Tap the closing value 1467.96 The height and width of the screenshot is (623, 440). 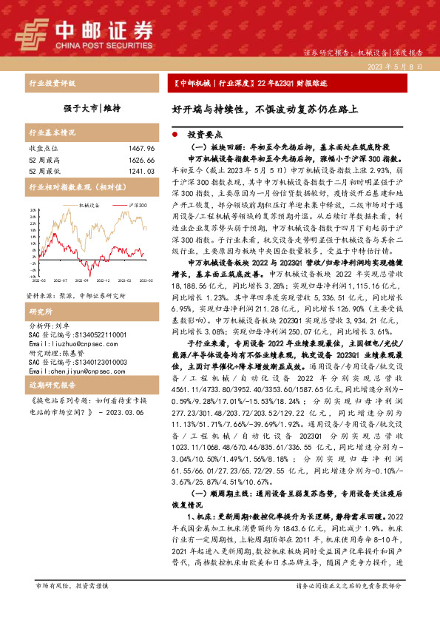pos(140,149)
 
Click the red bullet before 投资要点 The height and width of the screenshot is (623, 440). pos(174,136)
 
